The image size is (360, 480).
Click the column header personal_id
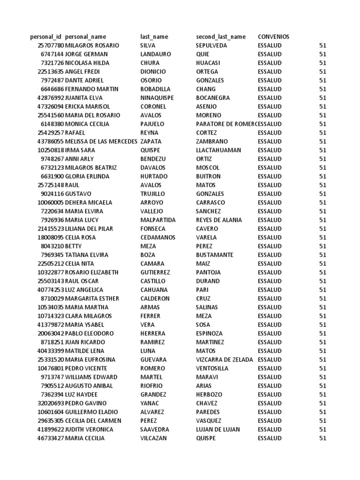point(45,37)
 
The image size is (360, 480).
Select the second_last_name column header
point(221,37)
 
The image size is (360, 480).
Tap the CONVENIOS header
point(274,37)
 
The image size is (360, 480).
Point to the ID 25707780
point(51,45)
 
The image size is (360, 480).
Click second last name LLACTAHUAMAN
point(218,150)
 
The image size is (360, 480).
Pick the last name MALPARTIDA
point(158,220)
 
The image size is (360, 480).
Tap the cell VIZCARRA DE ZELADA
point(225,360)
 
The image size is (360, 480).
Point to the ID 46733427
point(51,439)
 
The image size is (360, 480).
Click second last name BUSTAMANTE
point(215,255)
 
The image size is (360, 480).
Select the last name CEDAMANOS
point(158,238)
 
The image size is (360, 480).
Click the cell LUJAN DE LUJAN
point(218,430)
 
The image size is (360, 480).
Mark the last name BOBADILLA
point(156,89)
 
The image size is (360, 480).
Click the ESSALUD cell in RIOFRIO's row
point(270,386)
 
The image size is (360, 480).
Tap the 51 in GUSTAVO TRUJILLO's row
point(322,194)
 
